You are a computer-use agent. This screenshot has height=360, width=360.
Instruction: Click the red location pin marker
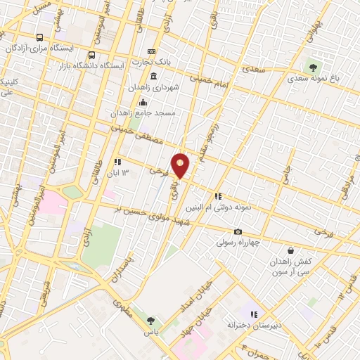(181, 166)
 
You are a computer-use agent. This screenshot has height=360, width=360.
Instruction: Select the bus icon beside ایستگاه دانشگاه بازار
(91, 55)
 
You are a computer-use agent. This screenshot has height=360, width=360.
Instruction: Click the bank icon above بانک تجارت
(152, 52)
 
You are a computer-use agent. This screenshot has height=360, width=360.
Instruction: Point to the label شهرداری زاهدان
(154, 87)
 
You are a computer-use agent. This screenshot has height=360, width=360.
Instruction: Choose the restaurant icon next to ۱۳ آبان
(117, 162)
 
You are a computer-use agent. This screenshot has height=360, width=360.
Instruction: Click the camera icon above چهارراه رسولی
(238, 232)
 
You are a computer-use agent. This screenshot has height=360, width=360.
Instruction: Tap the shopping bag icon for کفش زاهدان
(291, 250)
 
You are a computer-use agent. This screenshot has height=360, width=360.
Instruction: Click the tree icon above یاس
(150, 320)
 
